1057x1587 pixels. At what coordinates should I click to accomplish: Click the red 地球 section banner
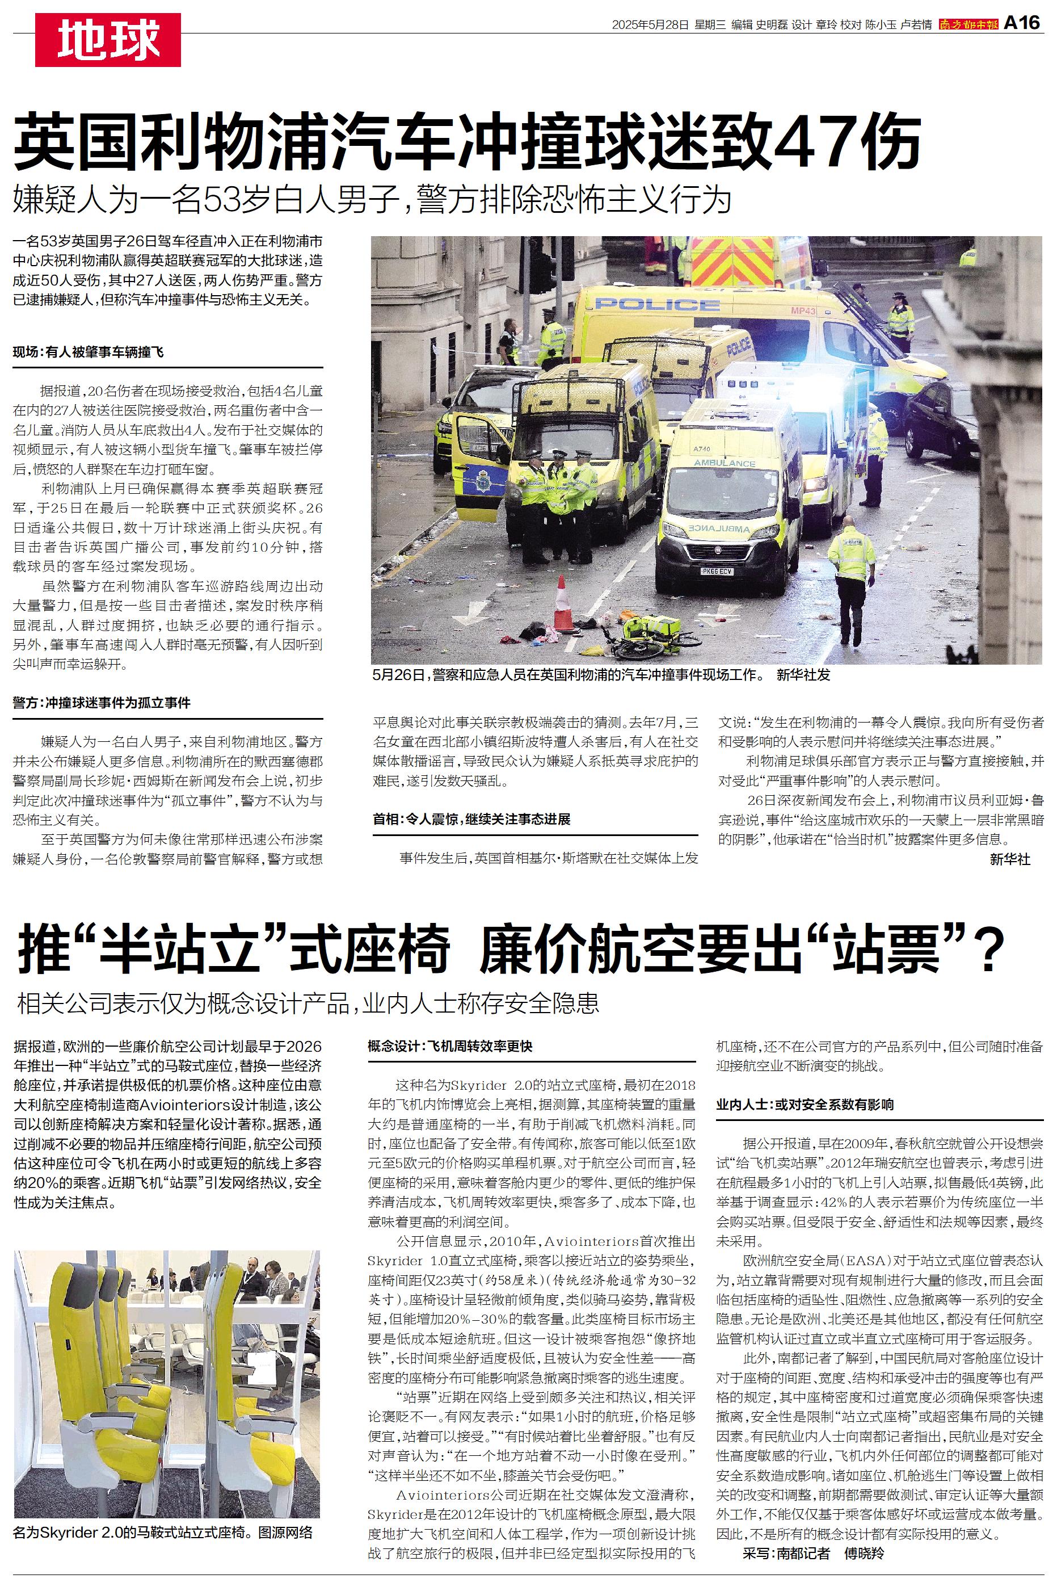coord(108,40)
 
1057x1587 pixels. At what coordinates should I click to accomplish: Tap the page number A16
coord(1022,24)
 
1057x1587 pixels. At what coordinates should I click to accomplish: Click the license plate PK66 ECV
coord(717,572)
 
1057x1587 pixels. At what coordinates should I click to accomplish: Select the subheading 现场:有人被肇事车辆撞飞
coord(89,352)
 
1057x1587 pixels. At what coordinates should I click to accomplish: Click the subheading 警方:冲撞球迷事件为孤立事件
coord(102,703)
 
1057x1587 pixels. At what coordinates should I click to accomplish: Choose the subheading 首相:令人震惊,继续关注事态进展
coord(472,819)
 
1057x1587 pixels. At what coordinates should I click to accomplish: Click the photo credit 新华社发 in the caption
coord(803,675)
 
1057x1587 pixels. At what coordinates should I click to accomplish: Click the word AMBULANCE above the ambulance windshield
coord(725,464)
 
